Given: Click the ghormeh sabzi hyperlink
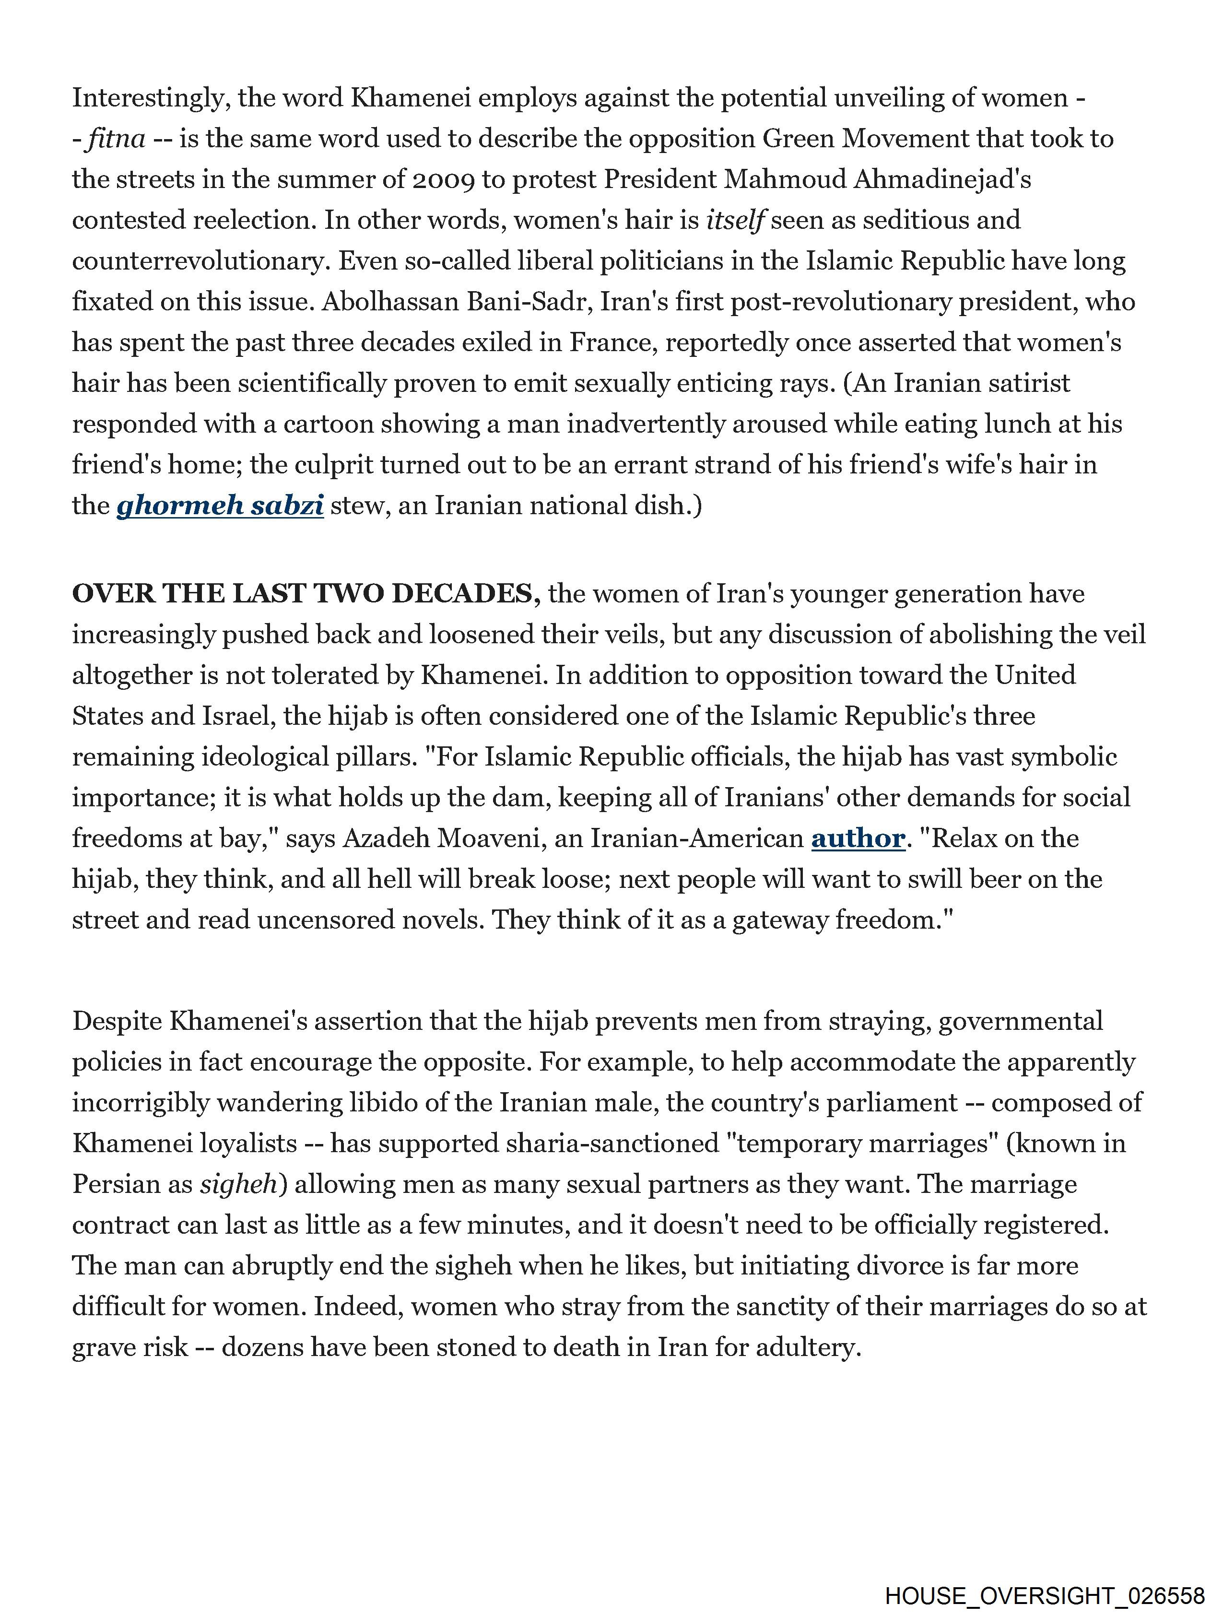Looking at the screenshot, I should click(x=220, y=506).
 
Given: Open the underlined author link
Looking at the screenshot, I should click(x=858, y=838).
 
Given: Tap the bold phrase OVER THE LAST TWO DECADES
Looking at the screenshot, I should click(x=306, y=594).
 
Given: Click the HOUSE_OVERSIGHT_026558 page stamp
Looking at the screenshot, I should click(x=1045, y=1595).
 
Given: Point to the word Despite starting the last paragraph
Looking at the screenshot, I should click(x=117, y=1021).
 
